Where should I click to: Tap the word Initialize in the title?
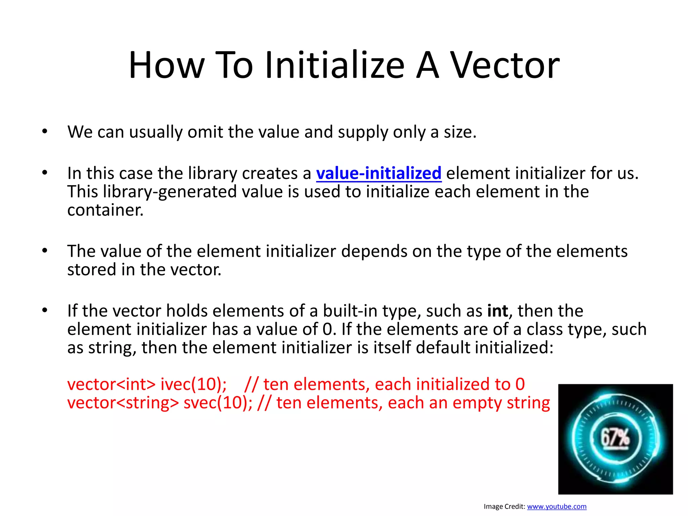click(x=335, y=65)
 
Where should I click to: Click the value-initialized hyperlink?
click(x=379, y=173)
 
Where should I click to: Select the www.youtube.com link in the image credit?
click(x=557, y=506)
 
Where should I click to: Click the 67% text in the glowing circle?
click(x=615, y=438)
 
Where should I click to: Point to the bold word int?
click(x=498, y=311)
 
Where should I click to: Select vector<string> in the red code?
click(x=123, y=403)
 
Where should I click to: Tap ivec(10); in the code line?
click(x=193, y=384)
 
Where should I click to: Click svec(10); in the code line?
click(x=218, y=403)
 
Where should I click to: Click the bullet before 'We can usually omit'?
click(x=45, y=131)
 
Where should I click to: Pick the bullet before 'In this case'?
click(x=45, y=173)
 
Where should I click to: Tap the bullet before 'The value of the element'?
click(x=45, y=251)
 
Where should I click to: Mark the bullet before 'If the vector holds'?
click(x=45, y=310)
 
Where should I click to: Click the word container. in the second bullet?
click(x=105, y=210)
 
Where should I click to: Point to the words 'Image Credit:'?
click(x=504, y=506)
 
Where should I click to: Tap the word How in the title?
click(x=167, y=65)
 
